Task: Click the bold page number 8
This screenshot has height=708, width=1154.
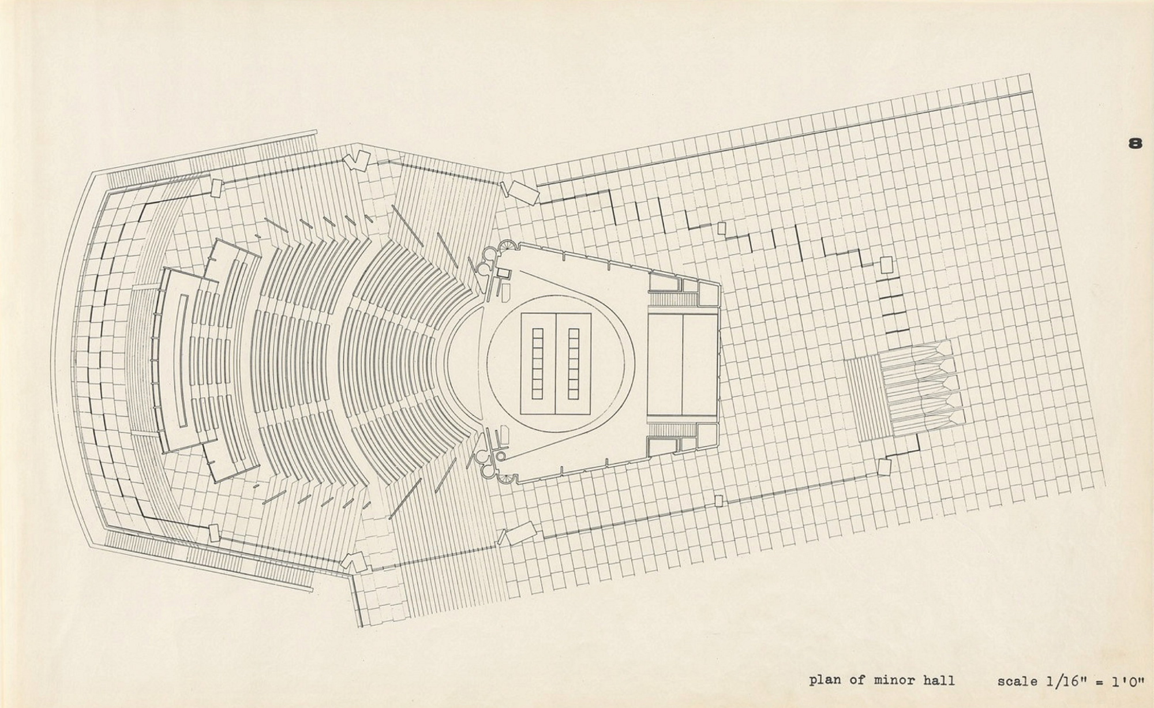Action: tap(1135, 143)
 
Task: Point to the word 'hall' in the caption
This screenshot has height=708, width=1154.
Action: tap(938, 680)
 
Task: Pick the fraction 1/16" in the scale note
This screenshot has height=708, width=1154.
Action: tap(1070, 681)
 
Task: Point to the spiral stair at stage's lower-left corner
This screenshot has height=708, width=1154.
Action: tap(508, 478)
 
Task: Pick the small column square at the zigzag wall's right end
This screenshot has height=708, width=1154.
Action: tap(886, 265)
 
